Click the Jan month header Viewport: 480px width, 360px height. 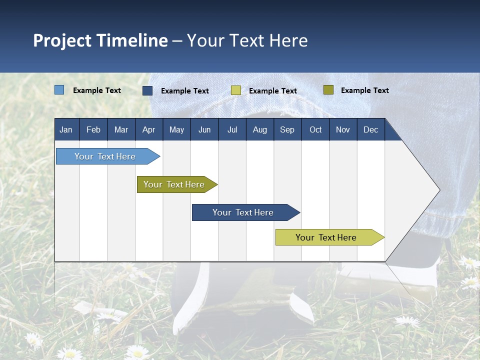pos(66,129)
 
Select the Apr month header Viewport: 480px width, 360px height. pos(148,129)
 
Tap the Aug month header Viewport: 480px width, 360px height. pos(259,129)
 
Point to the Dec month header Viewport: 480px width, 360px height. pos(370,129)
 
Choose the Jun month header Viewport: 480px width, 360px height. pos(204,129)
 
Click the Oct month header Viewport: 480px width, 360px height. pos(315,129)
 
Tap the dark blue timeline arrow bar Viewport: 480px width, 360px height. pos(243,212)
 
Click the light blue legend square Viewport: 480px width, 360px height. pos(59,90)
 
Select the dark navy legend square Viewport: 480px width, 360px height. pos(147,90)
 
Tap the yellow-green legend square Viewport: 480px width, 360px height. pos(236,90)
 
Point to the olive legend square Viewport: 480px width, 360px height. pos(328,90)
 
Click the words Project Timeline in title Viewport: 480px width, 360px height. pos(100,40)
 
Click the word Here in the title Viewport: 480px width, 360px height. pos(288,40)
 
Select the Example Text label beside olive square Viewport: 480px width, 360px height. pos(364,90)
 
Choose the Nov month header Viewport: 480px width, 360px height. pos(342,129)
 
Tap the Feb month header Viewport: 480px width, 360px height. pos(93,129)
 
